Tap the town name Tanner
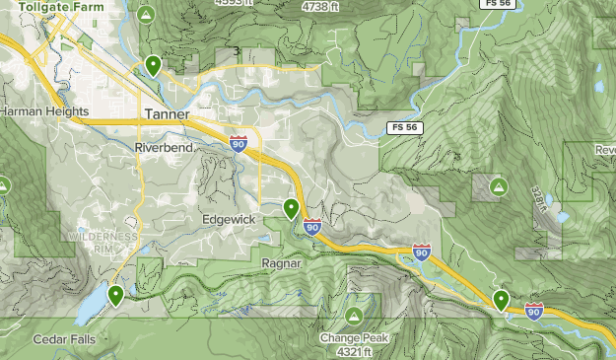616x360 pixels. pyautogui.click(x=166, y=113)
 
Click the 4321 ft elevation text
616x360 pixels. pyautogui.click(x=353, y=351)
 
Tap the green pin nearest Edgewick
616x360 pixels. pyautogui.click(x=292, y=208)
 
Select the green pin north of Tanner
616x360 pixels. pyautogui.click(x=153, y=65)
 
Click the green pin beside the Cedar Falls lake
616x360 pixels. pyautogui.click(x=116, y=294)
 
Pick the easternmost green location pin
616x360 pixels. pyautogui.click(x=502, y=299)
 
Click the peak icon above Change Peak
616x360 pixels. pyautogui.click(x=354, y=316)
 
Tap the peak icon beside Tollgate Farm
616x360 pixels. pyautogui.click(x=146, y=15)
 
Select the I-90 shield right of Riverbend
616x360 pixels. pyautogui.click(x=240, y=144)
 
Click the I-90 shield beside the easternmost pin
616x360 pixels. pyautogui.click(x=534, y=311)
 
